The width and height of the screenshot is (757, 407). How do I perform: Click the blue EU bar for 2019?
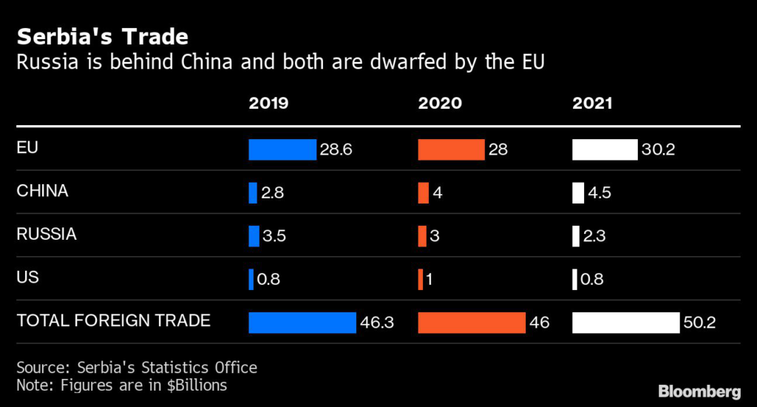tap(282, 149)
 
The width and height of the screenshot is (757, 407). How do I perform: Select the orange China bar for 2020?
tap(423, 193)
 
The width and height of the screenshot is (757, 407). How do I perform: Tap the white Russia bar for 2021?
tap(576, 236)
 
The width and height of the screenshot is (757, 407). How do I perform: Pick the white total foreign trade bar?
tap(625, 323)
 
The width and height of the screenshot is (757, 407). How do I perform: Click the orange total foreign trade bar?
tap(472, 323)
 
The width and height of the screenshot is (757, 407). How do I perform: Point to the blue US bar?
tap(251, 280)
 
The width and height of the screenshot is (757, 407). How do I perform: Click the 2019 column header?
tap(268, 104)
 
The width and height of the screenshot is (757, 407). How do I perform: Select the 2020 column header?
tap(440, 104)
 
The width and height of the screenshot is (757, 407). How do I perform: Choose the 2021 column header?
tap(592, 104)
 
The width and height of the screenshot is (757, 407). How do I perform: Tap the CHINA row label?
tap(42, 191)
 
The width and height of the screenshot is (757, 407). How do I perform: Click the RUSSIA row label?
tap(47, 235)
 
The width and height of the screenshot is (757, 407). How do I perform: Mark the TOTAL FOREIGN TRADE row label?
tap(113, 321)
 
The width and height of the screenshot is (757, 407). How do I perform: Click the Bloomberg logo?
tap(699, 390)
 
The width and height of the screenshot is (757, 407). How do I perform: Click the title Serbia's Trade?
tap(102, 37)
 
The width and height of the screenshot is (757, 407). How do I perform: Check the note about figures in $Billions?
tap(121, 386)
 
